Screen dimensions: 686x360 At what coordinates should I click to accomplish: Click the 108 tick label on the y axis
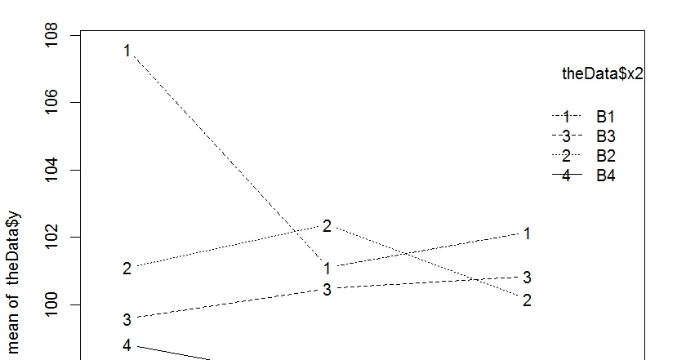pyautogui.click(x=54, y=36)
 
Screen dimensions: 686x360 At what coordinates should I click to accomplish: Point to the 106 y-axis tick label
pyautogui.click(x=54, y=103)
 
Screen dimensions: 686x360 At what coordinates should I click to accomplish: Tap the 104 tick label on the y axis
pyautogui.click(x=54, y=170)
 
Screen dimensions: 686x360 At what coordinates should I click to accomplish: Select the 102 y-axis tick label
pyautogui.click(x=54, y=238)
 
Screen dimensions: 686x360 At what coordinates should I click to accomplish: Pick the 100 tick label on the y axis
pyautogui.click(x=54, y=304)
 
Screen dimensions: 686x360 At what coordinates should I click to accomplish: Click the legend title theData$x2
pyautogui.click(x=603, y=74)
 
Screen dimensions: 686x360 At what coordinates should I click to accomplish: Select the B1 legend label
pyautogui.click(x=605, y=116)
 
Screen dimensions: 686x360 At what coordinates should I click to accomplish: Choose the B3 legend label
pyautogui.click(x=605, y=136)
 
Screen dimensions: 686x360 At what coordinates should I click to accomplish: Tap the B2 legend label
pyautogui.click(x=605, y=155)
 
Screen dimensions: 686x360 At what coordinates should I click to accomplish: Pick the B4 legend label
pyautogui.click(x=605, y=175)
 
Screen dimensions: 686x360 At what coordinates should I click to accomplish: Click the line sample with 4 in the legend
pyautogui.click(x=566, y=175)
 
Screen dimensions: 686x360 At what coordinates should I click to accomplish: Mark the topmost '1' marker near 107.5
pyautogui.click(x=127, y=51)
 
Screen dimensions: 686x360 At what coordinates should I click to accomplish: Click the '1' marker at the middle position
pyautogui.click(x=327, y=268)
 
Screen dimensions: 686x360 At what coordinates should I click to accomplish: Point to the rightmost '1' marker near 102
pyautogui.click(x=528, y=233)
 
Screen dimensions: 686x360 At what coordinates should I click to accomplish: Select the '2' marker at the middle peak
pyautogui.click(x=327, y=226)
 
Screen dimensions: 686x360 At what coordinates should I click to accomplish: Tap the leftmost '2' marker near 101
pyautogui.click(x=127, y=268)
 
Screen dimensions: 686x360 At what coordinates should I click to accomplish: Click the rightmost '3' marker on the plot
pyautogui.click(x=528, y=278)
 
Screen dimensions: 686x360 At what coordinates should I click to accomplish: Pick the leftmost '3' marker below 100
pyautogui.click(x=127, y=319)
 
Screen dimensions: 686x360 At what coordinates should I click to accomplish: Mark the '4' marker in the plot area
pyautogui.click(x=127, y=345)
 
